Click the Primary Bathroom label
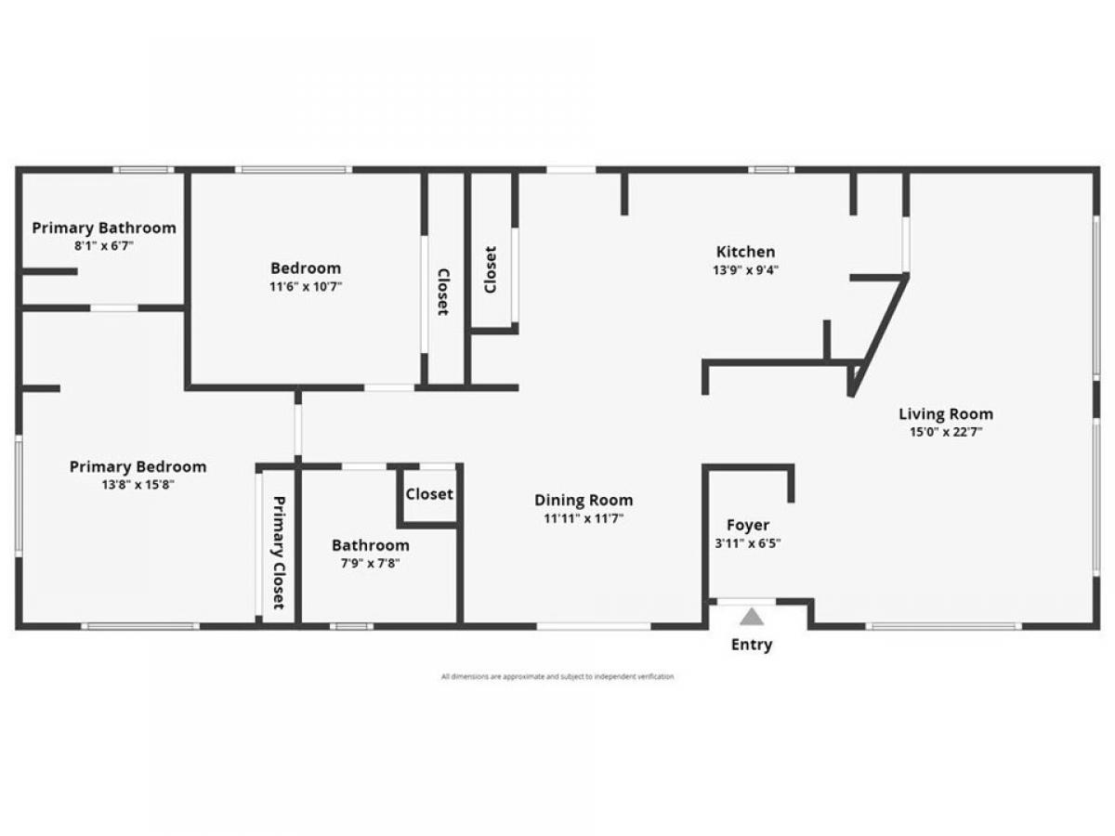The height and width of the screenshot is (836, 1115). pos(104,228)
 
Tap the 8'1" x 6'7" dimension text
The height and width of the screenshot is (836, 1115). pos(104,246)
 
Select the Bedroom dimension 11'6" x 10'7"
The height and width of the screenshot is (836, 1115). pos(306,287)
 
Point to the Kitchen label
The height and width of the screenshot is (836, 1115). pos(746,252)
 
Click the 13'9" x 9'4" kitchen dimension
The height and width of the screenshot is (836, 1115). pos(746,270)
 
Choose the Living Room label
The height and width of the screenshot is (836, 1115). pos(946,414)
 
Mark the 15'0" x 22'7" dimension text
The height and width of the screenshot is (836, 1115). pos(946,433)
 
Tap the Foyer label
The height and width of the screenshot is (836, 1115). pos(748,526)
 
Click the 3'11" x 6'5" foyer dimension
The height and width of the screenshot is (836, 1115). pos(748,543)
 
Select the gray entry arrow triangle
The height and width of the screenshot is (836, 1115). pos(752,617)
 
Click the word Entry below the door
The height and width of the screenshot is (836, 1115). pos(752,646)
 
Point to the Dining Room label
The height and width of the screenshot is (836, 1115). pos(584,501)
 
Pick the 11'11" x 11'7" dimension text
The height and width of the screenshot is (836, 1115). pos(584,518)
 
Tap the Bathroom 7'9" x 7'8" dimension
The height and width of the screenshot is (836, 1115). pos(371,564)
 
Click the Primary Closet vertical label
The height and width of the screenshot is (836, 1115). pos(279,553)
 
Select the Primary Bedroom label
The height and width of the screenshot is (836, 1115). pos(138,467)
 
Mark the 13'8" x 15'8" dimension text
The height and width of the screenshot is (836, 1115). pos(138,485)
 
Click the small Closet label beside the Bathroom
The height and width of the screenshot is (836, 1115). pos(429,494)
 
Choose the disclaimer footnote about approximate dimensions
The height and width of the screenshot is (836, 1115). pos(557,676)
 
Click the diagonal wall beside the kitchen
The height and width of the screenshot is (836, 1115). pos(880,335)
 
